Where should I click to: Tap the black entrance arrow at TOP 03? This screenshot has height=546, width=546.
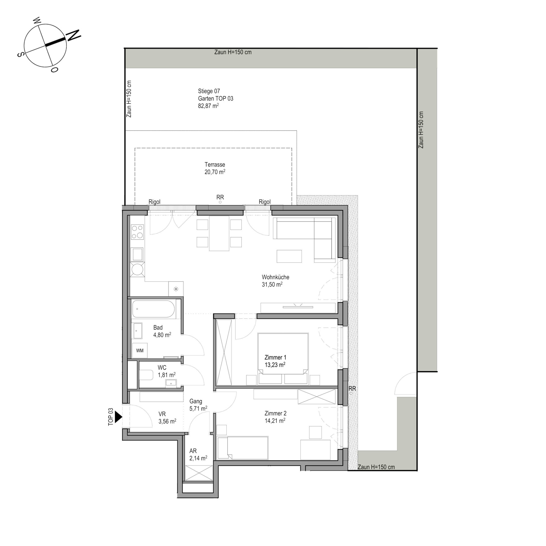coord(118,417)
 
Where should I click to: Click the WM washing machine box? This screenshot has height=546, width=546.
coord(140,351)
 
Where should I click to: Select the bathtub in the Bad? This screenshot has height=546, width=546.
coord(153,309)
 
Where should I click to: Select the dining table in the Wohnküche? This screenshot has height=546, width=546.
coord(219,233)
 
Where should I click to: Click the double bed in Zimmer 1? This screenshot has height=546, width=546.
coord(283,359)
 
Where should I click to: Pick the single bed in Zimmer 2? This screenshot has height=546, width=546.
coord(243,448)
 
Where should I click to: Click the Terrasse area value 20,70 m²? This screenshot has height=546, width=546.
coord(215,172)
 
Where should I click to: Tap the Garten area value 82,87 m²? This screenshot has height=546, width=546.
coord(208,106)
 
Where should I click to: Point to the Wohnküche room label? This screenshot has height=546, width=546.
coord(276,277)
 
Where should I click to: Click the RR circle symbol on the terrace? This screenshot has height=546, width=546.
coord(220,202)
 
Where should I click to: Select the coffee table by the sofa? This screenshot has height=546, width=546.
coord(289,256)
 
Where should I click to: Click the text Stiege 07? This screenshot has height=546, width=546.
coord(209,91)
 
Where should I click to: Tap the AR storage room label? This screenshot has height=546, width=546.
coord(193,451)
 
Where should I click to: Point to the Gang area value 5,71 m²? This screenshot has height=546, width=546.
coord(198,409)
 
